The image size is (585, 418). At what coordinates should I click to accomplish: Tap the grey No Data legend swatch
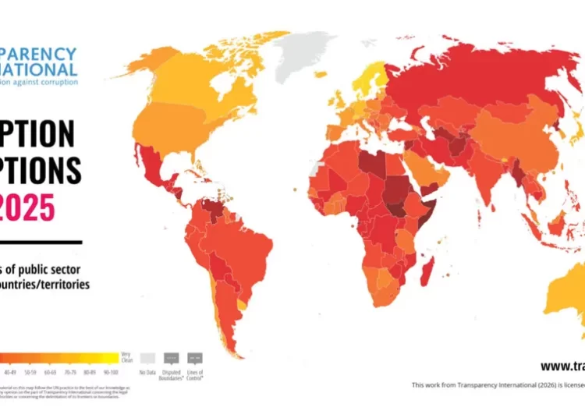tap(147, 357)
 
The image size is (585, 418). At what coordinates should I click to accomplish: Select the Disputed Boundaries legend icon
tap(172, 357)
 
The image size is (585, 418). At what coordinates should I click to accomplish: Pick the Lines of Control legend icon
tap(195, 357)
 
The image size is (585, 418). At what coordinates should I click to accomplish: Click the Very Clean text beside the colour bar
tap(125, 357)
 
